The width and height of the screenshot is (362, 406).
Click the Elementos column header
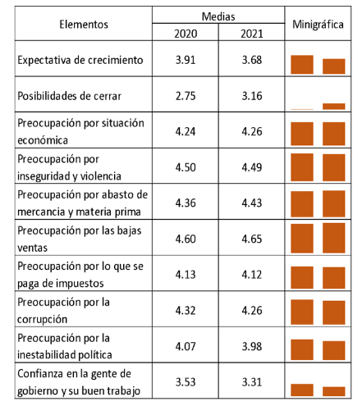click(x=84, y=25)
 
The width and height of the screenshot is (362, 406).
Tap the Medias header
click(x=218, y=16)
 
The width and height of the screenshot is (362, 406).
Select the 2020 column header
click(x=186, y=34)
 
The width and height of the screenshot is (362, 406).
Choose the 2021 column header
click(x=252, y=34)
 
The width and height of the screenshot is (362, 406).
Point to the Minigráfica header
click(x=318, y=25)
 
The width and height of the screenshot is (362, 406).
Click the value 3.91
click(x=186, y=60)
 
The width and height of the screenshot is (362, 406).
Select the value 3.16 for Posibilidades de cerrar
click(x=252, y=96)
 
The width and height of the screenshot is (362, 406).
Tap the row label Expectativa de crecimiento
click(x=80, y=60)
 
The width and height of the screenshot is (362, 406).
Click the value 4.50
click(x=186, y=167)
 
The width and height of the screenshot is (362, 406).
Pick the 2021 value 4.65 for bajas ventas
click(x=252, y=239)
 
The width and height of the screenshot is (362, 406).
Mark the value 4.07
click(x=186, y=346)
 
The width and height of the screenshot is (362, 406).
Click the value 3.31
click(x=252, y=382)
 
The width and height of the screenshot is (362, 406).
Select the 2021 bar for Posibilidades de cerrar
click(x=334, y=107)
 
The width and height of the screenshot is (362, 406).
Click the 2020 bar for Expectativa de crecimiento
click(x=302, y=65)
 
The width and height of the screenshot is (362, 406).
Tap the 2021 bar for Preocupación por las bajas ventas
click(x=334, y=238)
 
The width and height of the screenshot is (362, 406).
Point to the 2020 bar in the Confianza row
click(x=302, y=390)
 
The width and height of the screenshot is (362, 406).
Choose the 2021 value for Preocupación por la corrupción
click(x=252, y=310)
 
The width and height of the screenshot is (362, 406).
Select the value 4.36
click(x=186, y=203)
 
